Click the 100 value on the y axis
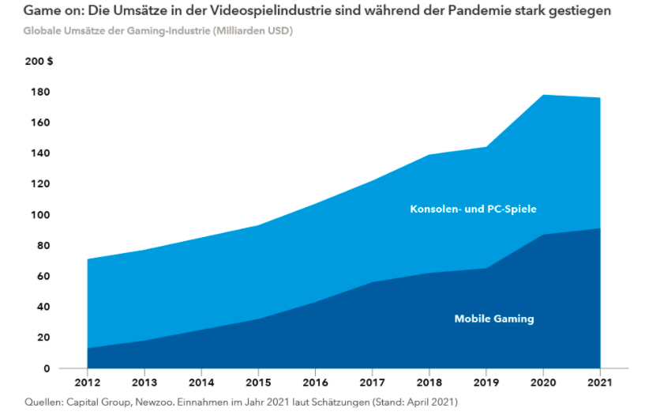coord(39,215)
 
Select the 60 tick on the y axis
coord(43,276)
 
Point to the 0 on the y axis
coord(46,368)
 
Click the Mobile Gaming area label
coord(494,319)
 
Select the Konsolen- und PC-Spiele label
coord(474,209)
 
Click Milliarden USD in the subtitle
coord(244,30)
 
